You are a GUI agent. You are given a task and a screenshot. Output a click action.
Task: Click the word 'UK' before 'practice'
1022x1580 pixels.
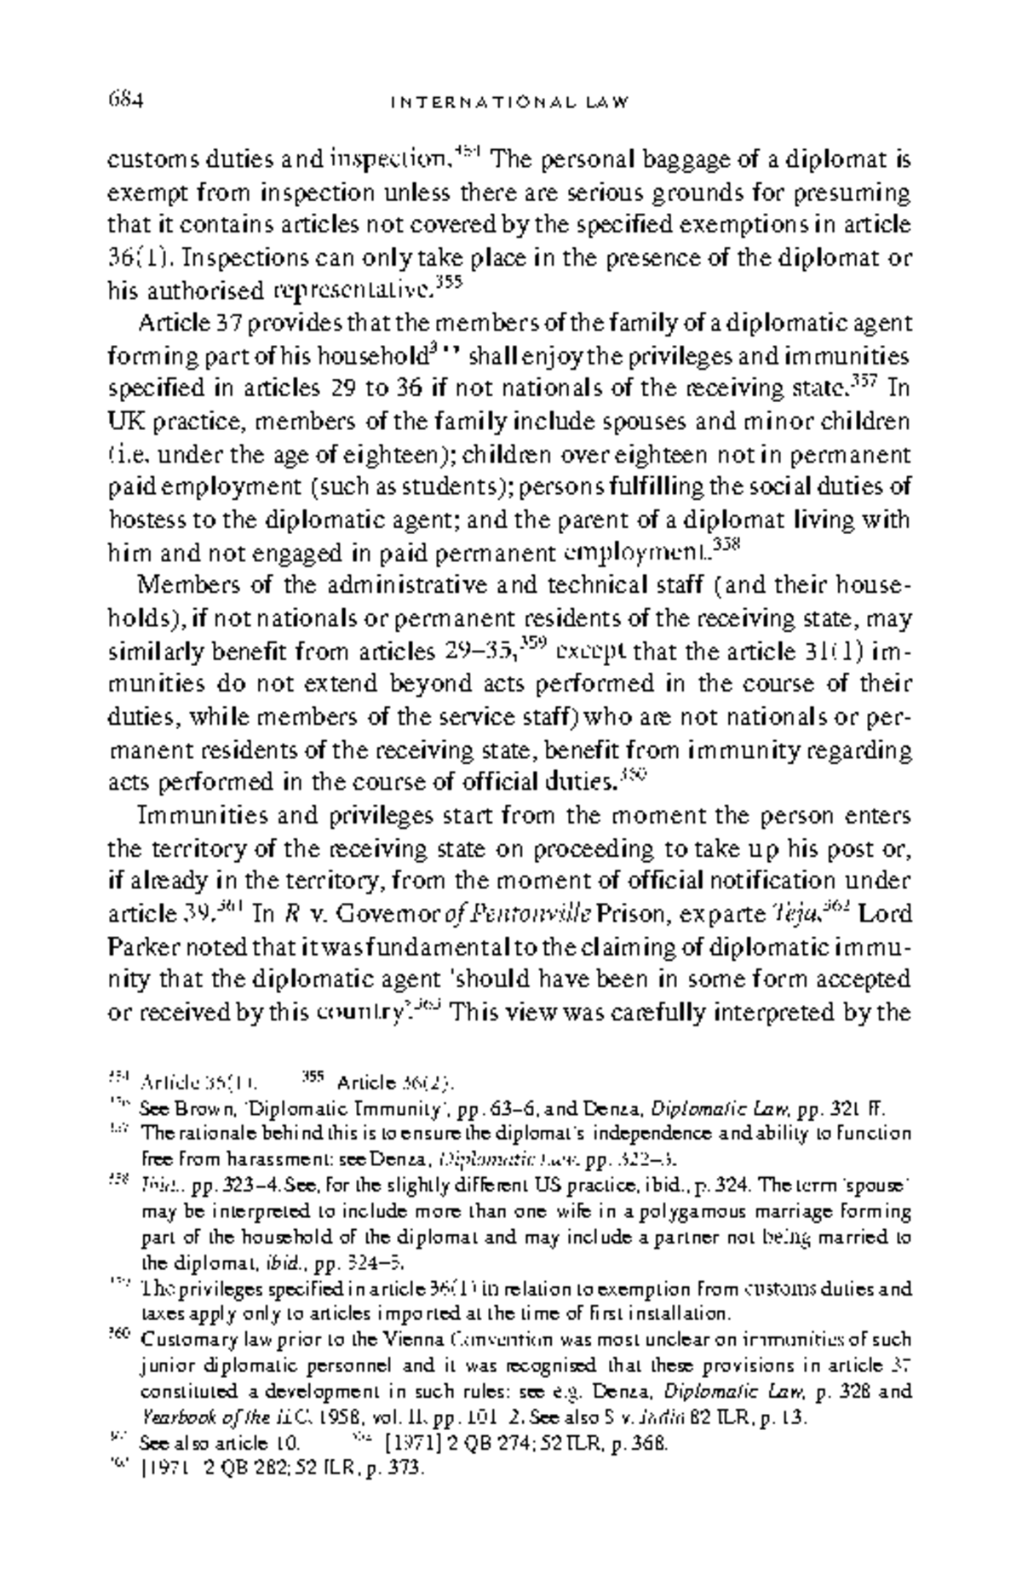123,422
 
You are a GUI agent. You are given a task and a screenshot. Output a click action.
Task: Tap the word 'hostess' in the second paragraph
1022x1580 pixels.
141,520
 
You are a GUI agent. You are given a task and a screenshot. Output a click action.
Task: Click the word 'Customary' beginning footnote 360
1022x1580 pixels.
181,1339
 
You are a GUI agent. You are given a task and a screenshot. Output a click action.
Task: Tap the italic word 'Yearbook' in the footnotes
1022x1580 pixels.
173,1418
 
